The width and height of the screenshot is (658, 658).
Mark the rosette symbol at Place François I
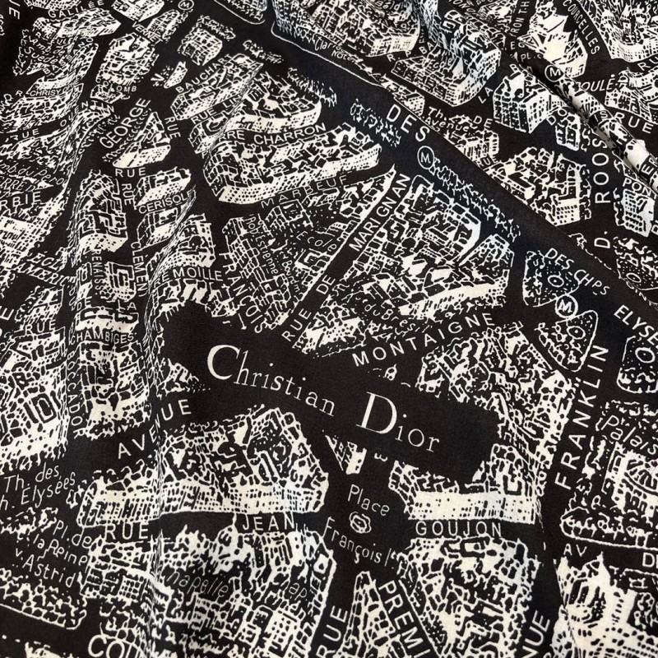(x=359, y=520)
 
